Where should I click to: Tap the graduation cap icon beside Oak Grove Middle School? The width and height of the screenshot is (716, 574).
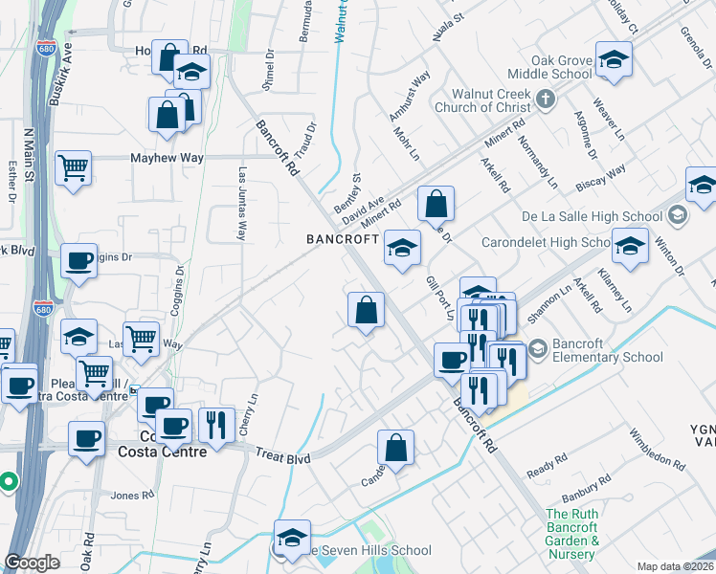613,60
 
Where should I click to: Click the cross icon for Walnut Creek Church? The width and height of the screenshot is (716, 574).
545,99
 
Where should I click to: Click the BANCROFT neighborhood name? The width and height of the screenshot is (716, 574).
337,238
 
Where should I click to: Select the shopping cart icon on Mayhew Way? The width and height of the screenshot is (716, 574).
74,168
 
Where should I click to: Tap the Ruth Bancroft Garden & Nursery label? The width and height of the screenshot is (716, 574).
572,534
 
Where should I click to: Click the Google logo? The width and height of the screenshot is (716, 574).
32,563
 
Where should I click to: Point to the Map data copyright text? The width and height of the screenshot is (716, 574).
675,566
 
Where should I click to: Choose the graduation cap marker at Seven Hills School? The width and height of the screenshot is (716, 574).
292,538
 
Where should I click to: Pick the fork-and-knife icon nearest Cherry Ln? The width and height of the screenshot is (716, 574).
217,425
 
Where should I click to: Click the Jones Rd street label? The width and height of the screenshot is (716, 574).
132,496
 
